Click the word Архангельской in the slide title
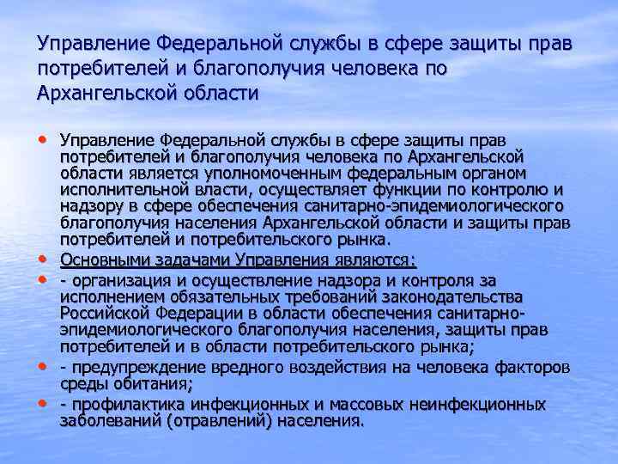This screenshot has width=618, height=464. point(104,93)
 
